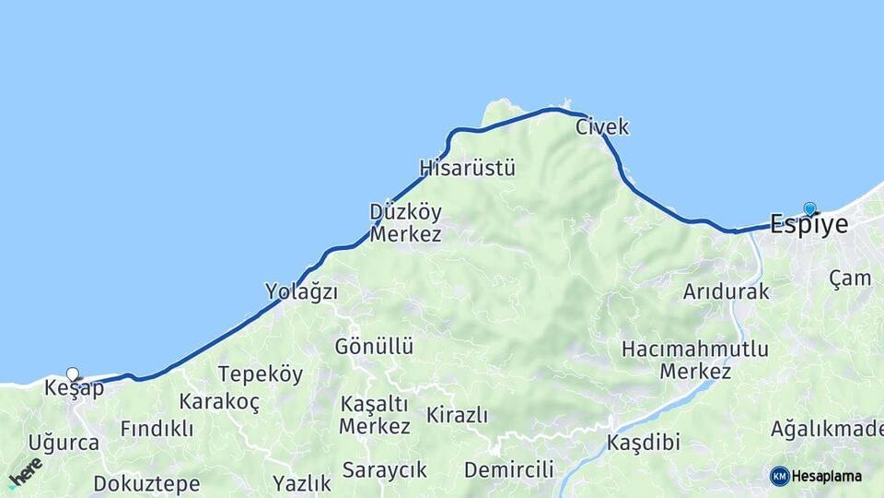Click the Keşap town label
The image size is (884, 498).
pyautogui.click(x=74, y=389)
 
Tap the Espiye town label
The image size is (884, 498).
pyautogui.click(x=808, y=225)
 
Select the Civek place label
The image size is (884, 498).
pyautogui.click(x=602, y=127)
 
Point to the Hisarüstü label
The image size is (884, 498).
pyautogui.click(x=467, y=169)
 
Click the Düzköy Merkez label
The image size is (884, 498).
pyautogui.click(x=405, y=223)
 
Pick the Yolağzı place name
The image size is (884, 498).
pyautogui.click(x=301, y=292)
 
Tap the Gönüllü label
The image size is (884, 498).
pyautogui.click(x=374, y=348)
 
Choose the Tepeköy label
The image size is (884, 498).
pyautogui.click(x=261, y=374)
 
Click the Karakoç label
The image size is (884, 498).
pyautogui.click(x=219, y=402)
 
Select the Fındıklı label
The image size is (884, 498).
pyautogui.click(x=157, y=429)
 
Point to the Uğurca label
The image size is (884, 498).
pyautogui.click(x=64, y=443)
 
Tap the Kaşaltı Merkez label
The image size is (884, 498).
pyautogui.click(x=374, y=416)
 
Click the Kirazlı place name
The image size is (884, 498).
pyautogui.click(x=457, y=415)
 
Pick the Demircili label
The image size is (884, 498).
pyautogui.click(x=508, y=470)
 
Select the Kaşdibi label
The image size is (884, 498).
pyautogui.click(x=643, y=443)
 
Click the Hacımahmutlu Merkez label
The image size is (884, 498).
pyautogui.click(x=695, y=361)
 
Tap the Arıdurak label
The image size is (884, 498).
pyautogui.click(x=726, y=292)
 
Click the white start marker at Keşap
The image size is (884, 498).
pyautogui.click(x=73, y=374)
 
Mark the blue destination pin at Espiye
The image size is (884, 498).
pyautogui.click(x=809, y=208)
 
